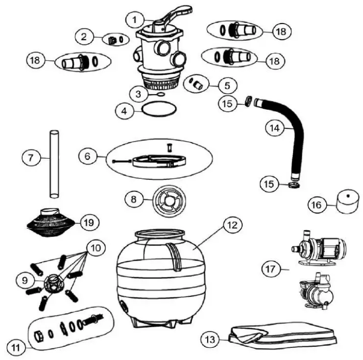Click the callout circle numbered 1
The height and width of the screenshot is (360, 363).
tap(133, 20)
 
